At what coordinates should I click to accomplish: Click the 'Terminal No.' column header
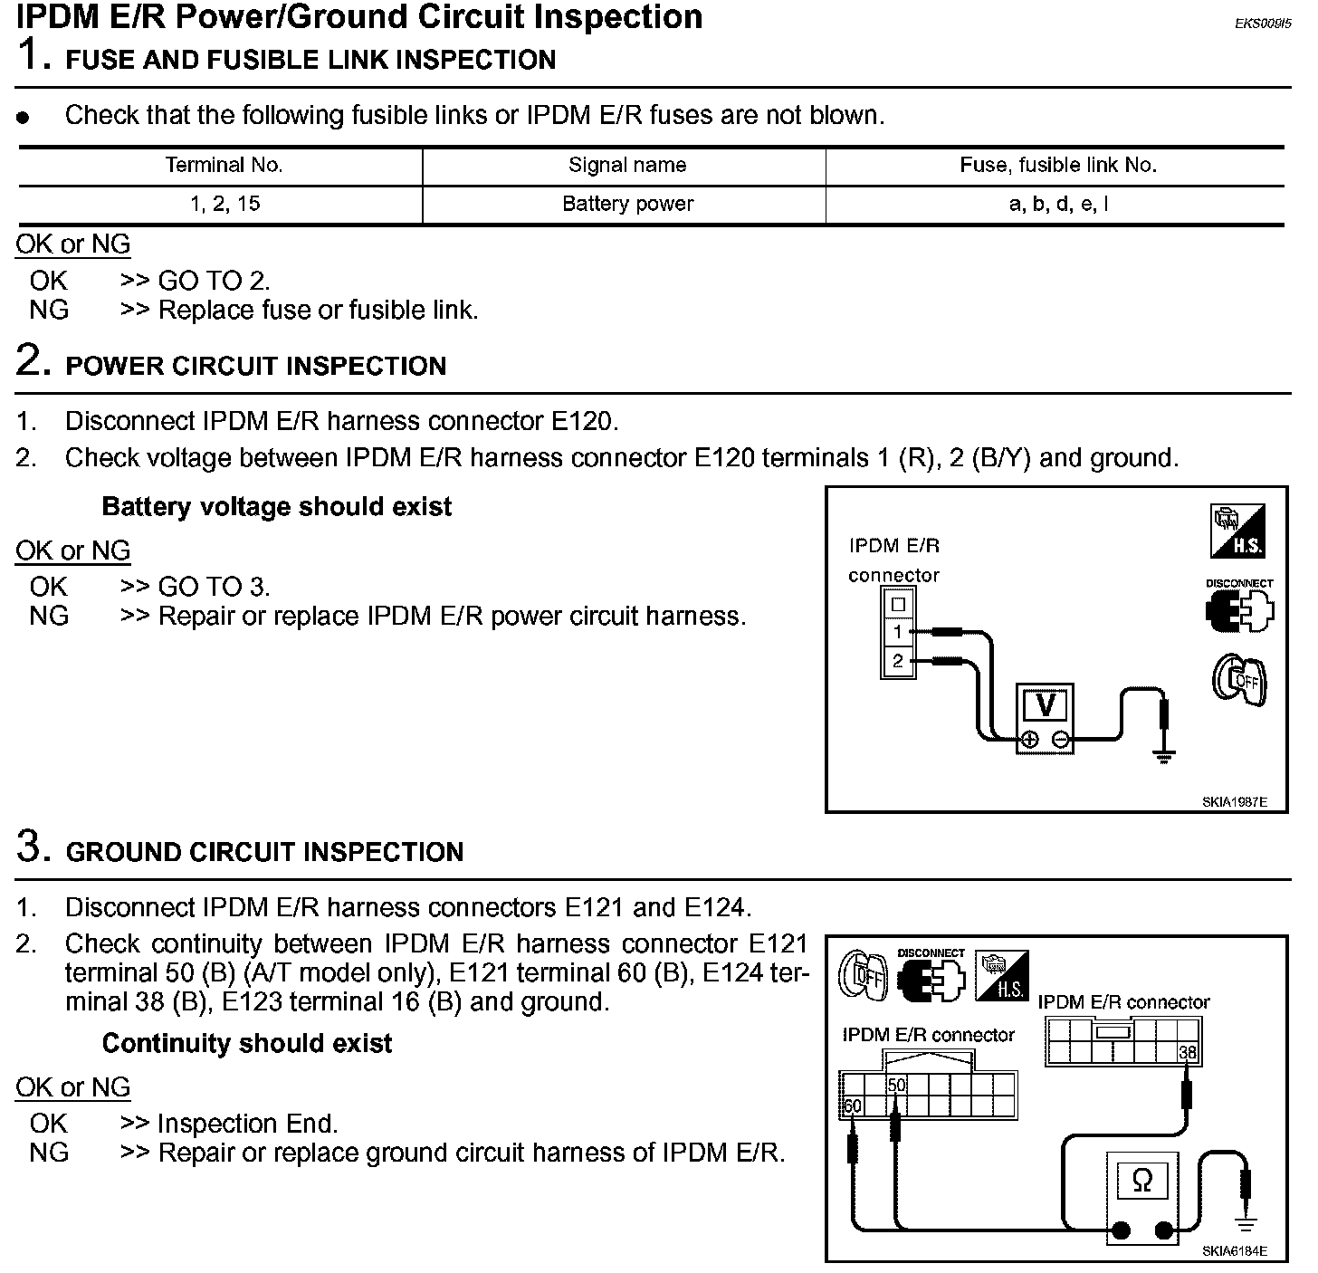pyautogui.click(x=224, y=166)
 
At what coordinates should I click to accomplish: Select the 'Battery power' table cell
pyautogui.click(x=627, y=204)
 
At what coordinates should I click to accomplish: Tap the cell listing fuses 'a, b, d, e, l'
pyautogui.click(x=1058, y=204)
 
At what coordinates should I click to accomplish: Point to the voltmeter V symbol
pyautogui.click(x=1045, y=704)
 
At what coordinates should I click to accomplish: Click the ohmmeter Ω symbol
pyautogui.click(x=1142, y=1181)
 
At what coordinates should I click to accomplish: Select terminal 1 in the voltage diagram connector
pyautogui.click(x=897, y=632)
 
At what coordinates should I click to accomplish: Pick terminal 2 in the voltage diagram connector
pyautogui.click(x=897, y=661)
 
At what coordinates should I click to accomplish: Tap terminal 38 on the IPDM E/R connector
pyautogui.click(x=1188, y=1052)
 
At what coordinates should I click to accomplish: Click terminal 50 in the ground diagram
pyautogui.click(x=896, y=1085)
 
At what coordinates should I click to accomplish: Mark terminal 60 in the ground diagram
pyautogui.click(x=852, y=1106)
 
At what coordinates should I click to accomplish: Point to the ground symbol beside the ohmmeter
pyautogui.click(x=1246, y=1225)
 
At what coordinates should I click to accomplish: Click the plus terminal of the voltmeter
pyautogui.click(x=1028, y=741)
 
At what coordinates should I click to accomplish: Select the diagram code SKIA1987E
pyautogui.click(x=1234, y=801)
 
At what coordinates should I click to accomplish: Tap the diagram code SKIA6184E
pyautogui.click(x=1234, y=1251)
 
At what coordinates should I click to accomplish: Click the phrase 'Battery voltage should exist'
pyautogui.click(x=276, y=507)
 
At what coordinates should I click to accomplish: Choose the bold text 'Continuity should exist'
pyautogui.click(x=247, y=1044)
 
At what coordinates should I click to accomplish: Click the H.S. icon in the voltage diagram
pyautogui.click(x=1237, y=531)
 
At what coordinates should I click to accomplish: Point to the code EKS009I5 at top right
pyautogui.click(x=1262, y=24)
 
